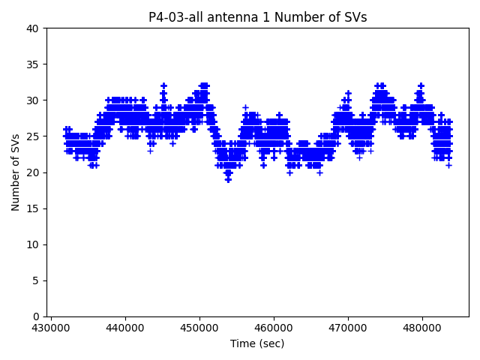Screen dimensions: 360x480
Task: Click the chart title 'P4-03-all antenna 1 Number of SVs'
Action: click(257, 17)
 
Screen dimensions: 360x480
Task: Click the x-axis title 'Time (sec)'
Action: click(257, 343)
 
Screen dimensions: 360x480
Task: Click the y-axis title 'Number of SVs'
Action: click(16, 172)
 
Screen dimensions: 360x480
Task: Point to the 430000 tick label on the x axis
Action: click(51, 328)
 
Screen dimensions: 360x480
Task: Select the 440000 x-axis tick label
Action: click(125, 328)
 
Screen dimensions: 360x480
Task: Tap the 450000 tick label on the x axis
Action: click(199, 328)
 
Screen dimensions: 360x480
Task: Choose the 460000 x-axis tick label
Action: click(274, 328)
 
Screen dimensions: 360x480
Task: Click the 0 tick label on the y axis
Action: click(37, 316)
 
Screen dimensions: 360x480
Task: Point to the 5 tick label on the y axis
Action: click(37, 280)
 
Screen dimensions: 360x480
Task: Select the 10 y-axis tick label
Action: click(34, 244)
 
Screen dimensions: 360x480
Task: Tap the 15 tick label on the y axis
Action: click(34, 208)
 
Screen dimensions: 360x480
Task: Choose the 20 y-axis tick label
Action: click(34, 172)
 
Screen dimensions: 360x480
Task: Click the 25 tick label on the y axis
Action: click(34, 136)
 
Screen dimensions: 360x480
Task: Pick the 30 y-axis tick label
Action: click(34, 100)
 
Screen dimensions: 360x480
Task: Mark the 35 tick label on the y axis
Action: click(34, 64)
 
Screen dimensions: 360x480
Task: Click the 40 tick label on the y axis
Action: click(34, 28)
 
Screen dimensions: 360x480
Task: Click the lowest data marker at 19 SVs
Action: click(228, 179)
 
